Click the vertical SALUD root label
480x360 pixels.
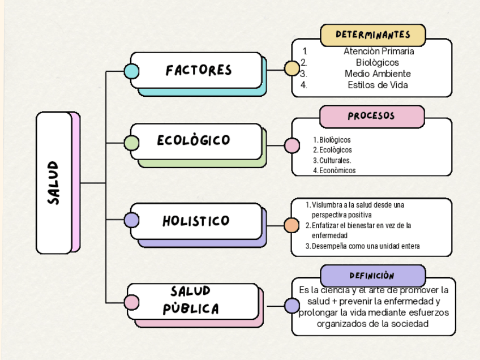(x=54, y=183)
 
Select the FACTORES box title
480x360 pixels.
(x=199, y=70)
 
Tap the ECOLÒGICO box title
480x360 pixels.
(x=194, y=140)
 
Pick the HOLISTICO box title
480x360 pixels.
(x=196, y=221)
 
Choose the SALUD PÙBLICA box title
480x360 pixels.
(x=191, y=301)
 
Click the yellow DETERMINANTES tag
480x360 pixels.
(x=372, y=35)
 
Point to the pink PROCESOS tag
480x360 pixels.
(x=371, y=116)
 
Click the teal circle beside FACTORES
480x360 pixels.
(x=131, y=71)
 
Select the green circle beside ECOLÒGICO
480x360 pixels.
(x=131, y=143)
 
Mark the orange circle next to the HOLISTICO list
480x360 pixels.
(x=292, y=225)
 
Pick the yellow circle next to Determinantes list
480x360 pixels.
(x=292, y=68)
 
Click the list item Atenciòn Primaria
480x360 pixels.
(x=379, y=51)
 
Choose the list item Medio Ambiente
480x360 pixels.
(x=378, y=74)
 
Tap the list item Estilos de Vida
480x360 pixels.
(x=378, y=85)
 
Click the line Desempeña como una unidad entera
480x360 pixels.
(x=365, y=246)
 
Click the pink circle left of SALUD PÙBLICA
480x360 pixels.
(x=132, y=303)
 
